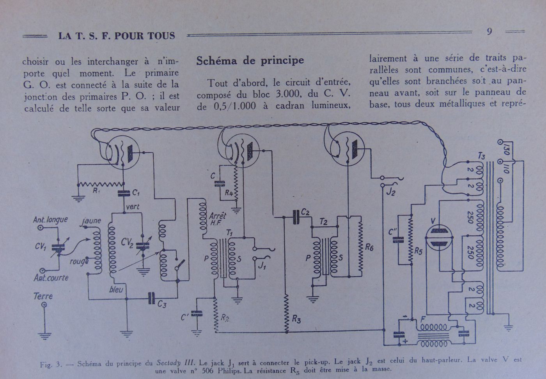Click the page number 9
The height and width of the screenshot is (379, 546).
click(x=489, y=32)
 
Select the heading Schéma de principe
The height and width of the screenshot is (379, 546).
click(x=250, y=60)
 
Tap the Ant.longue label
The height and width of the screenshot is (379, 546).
click(x=50, y=220)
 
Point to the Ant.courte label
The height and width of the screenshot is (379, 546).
click(x=51, y=278)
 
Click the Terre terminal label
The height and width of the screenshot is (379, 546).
click(x=43, y=296)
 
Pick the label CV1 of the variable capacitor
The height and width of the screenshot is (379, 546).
click(x=41, y=246)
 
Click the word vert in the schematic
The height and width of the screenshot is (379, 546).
click(x=133, y=207)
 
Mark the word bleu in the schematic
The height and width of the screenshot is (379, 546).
click(x=116, y=289)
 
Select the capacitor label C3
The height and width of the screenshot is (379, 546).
click(x=161, y=304)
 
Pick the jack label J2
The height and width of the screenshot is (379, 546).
click(x=391, y=191)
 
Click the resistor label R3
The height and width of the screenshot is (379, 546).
click(x=296, y=320)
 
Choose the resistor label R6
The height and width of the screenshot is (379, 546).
click(x=369, y=247)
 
